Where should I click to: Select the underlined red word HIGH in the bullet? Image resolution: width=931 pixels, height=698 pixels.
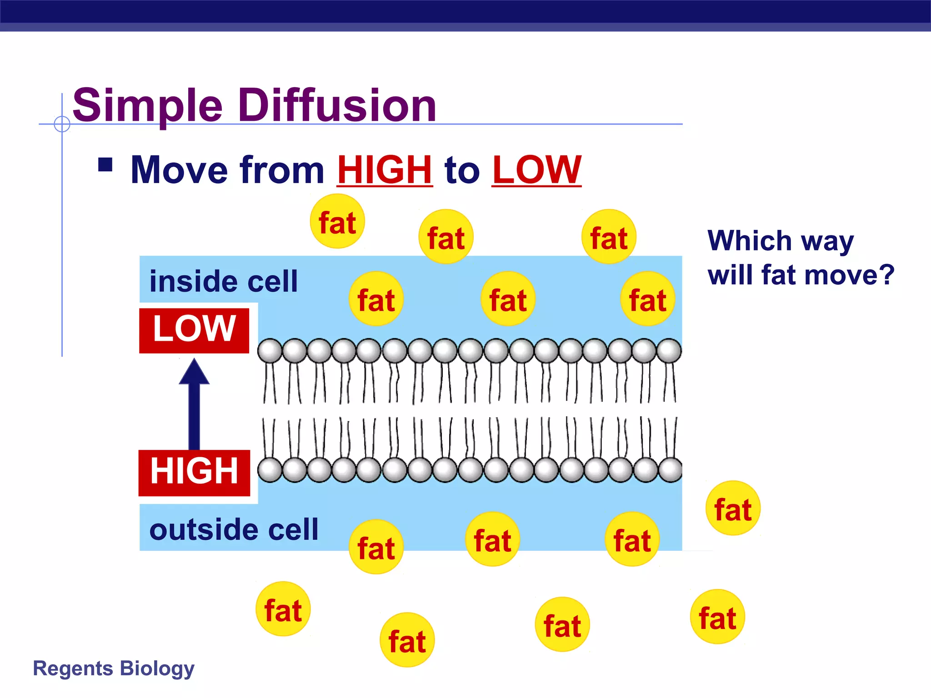(x=385, y=170)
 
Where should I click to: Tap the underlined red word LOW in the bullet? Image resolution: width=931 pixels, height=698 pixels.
(x=536, y=170)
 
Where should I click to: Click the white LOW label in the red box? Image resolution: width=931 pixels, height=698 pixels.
(x=194, y=329)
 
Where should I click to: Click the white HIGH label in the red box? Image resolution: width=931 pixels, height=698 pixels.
(x=194, y=472)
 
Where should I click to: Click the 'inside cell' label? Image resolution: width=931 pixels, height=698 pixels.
(x=224, y=281)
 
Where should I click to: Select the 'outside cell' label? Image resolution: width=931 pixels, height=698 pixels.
(x=234, y=530)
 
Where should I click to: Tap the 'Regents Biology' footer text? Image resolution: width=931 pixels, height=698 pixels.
(x=114, y=669)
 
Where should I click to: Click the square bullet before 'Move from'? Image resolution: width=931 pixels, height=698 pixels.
(x=105, y=165)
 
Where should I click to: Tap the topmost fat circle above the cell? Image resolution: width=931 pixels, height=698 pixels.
(x=337, y=221)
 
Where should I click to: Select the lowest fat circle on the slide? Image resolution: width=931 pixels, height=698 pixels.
(x=407, y=640)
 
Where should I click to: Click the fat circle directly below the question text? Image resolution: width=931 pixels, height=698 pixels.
(x=733, y=508)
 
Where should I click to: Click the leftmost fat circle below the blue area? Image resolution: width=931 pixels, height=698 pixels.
(x=283, y=609)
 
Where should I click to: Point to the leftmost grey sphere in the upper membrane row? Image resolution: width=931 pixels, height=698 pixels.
(x=270, y=351)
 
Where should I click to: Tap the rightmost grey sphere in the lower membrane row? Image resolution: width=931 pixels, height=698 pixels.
(x=670, y=470)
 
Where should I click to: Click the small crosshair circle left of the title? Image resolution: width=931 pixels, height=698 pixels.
(x=62, y=124)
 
